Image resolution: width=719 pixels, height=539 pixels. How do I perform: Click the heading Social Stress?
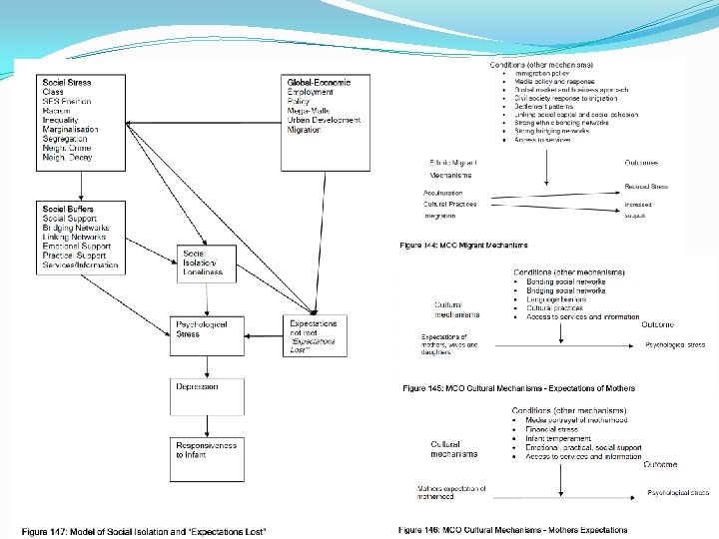[68, 81]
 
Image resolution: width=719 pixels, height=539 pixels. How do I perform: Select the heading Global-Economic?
[319, 81]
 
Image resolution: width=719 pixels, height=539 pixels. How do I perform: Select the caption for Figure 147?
[144, 530]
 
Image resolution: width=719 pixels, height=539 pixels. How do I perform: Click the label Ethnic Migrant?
[451, 161]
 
